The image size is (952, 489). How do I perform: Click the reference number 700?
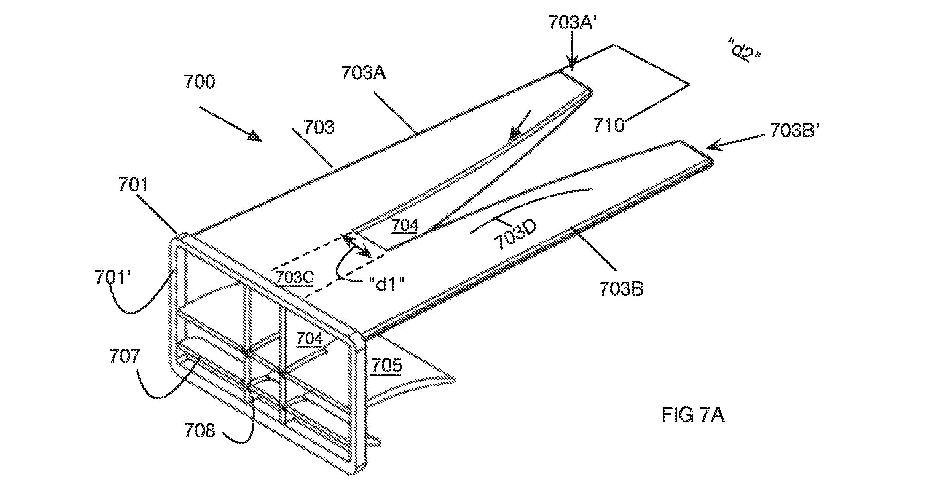coord(199,82)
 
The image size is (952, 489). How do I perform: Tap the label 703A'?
coord(571,22)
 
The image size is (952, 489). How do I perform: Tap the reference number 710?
coord(608,126)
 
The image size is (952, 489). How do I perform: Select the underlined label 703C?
coord(295,278)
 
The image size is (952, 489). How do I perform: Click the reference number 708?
coord(199,431)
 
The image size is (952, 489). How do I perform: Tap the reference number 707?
coord(124,355)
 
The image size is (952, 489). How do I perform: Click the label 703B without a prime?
coord(621,289)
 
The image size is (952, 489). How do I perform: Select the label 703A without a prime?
coord(363,73)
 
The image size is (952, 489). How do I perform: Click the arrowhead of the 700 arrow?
coord(255,137)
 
